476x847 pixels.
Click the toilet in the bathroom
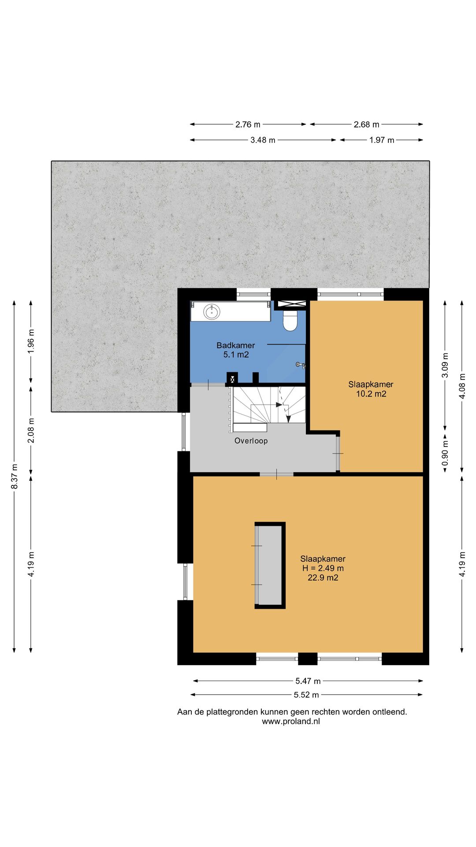pos(290,321)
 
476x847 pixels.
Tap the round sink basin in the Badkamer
pos(212,312)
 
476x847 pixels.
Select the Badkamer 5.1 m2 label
pos(236,350)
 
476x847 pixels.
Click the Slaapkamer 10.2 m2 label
pos(371,389)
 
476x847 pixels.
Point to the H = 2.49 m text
pos(323,568)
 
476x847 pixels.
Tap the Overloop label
pos(251,441)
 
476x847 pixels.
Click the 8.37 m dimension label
pos(15,476)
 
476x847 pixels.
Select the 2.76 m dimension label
pos(248,124)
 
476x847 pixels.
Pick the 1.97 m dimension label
pos(382,140)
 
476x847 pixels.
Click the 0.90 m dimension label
pos(445,453)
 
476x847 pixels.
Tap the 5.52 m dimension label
pos(306,695)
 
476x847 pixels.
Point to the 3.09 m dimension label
pos(445,365)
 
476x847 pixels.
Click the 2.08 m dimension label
pos(31,431)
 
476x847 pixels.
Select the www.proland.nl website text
pos(291,722)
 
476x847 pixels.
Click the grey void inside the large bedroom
pos(270,566)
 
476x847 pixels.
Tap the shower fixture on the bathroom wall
pos(301,365)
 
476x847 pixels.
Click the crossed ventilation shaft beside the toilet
pos(290,304)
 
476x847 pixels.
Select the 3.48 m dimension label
pos(263,140)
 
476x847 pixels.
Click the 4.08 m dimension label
pos(462,386)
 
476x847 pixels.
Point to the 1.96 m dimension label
pos(31,341)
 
